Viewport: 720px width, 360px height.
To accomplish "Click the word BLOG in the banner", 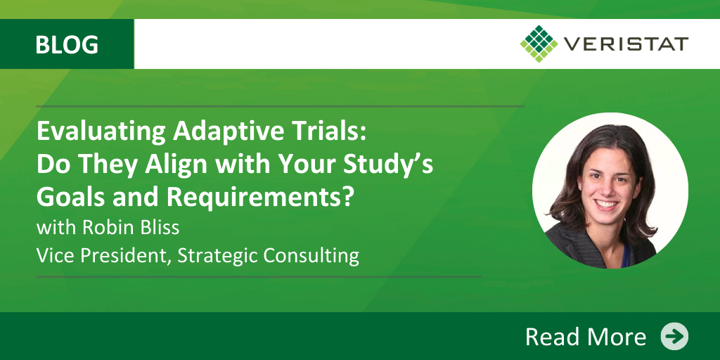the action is click(x=67, y=44).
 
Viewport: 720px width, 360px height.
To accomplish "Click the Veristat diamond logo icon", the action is click(x=539, y=44).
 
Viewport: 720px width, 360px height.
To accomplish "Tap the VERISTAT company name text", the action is click(x=626, y=44).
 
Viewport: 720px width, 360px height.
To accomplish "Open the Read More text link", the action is click(x=586, y=337).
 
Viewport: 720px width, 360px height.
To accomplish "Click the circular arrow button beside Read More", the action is click(x=674, y=337).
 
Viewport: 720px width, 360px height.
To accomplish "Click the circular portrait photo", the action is click(x=610, y=191).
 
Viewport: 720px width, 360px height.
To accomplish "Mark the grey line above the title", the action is click(x=280, y=106).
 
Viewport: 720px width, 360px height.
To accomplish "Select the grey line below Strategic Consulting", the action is click(x=259, y=277).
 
